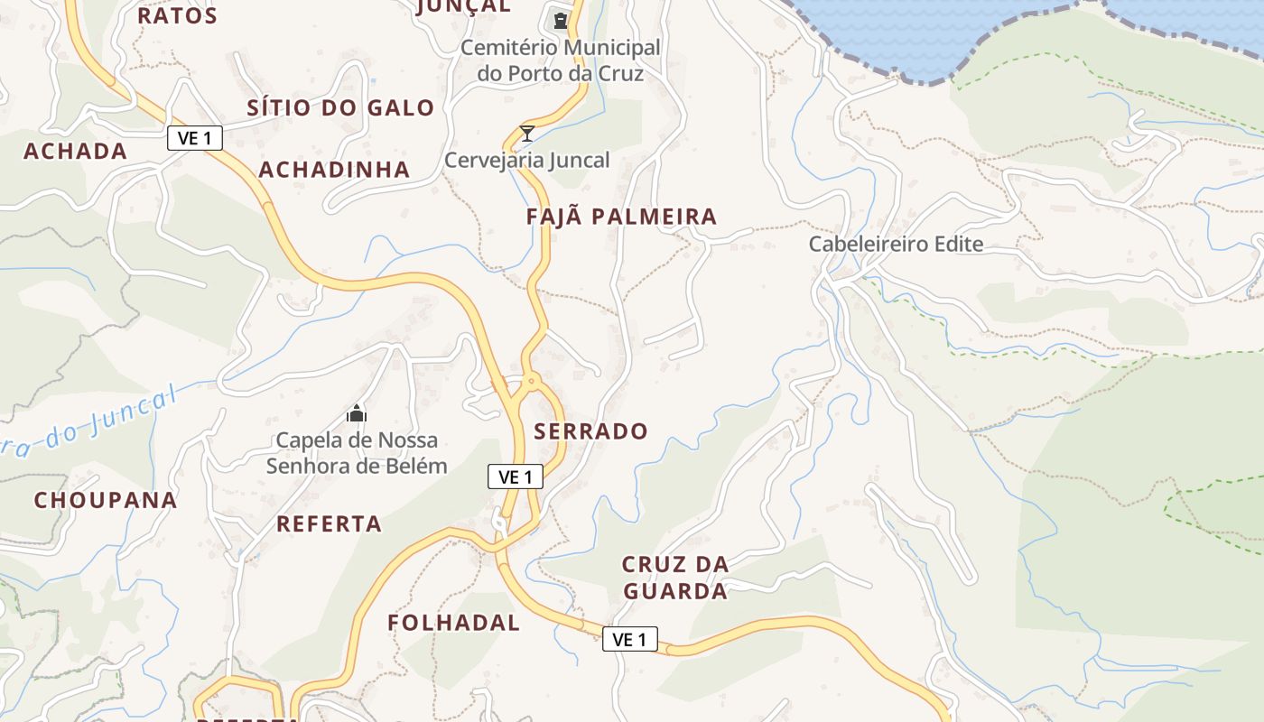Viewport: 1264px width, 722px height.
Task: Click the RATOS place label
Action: point(177,15)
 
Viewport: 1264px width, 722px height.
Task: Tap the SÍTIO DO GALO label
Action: point(340,108)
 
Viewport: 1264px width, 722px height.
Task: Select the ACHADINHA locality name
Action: point(334,170)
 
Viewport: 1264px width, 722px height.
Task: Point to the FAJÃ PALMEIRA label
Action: point(621,217)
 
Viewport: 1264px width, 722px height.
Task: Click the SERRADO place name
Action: point(590,431)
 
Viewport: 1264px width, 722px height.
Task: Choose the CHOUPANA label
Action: point(106,500)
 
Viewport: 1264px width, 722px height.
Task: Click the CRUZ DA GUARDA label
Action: point(674,578)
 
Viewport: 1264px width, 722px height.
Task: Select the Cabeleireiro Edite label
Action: point(896,244)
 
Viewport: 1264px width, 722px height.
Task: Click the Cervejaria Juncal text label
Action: point(527,161)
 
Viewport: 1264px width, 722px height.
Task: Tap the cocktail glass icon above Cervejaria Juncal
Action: point(527,134)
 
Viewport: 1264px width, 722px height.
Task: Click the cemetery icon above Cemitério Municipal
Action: point(561,20)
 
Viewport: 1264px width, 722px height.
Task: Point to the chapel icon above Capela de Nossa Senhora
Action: point(357,413)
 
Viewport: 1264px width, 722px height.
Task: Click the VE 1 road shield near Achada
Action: point(194,138)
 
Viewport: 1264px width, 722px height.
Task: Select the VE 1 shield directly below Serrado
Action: point(516,477)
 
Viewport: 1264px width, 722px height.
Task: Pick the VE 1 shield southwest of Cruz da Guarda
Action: point(629,639)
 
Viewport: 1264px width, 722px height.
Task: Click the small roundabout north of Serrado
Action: point(531,383)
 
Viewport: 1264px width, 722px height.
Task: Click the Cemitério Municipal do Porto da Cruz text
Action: point(560,60)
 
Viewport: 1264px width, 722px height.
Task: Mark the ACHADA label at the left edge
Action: point(75,152)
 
